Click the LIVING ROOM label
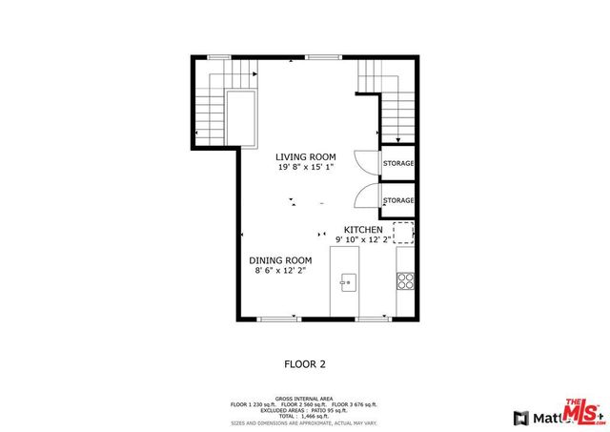(305, 156)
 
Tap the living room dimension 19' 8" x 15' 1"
(305, 167)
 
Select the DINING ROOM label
(280, 260)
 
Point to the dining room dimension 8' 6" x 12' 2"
(280, 271)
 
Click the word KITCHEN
(363, 230)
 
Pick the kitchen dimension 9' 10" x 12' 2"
(368, 240)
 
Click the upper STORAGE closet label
(398, 163)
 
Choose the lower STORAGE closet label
(398, 200)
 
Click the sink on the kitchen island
(348, 281)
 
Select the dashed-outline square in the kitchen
(404, 233)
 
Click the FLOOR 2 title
(305, 363)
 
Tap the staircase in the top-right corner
(388, 100)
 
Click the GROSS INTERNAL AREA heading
(305, 398)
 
